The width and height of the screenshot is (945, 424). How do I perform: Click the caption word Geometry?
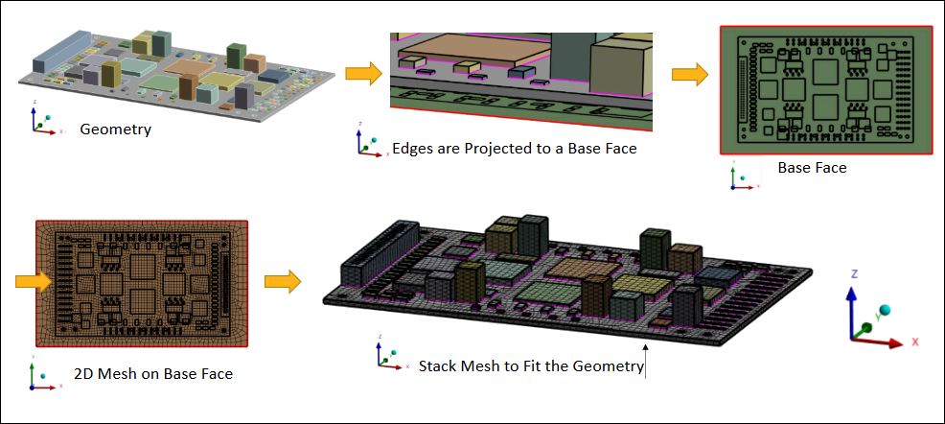(x=115, y=130)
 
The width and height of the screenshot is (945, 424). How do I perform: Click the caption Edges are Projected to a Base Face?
(x=514, y=149)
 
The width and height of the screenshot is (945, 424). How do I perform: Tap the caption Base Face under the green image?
(x=812, y=168)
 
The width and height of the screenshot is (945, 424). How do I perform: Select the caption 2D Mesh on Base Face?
(x=153, y=374)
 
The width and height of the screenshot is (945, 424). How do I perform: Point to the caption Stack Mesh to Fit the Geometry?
(x=532, y=366)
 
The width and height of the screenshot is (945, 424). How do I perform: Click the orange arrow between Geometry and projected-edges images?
(x=364, y=74)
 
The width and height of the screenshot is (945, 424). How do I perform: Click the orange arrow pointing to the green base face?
(x=690, y=74)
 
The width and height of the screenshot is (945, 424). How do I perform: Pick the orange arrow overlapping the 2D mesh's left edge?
(x=34, y=282)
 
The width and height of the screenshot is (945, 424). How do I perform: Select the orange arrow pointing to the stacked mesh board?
(x=282, y=282)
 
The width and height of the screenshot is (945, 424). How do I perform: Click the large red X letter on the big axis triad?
(x=915, y=342)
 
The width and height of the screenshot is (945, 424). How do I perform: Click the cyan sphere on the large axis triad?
(x=884, y=311)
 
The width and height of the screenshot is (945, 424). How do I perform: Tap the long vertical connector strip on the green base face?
(x=741, y=88)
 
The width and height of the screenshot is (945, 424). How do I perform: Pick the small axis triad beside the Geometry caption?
(x=42, y=121)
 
